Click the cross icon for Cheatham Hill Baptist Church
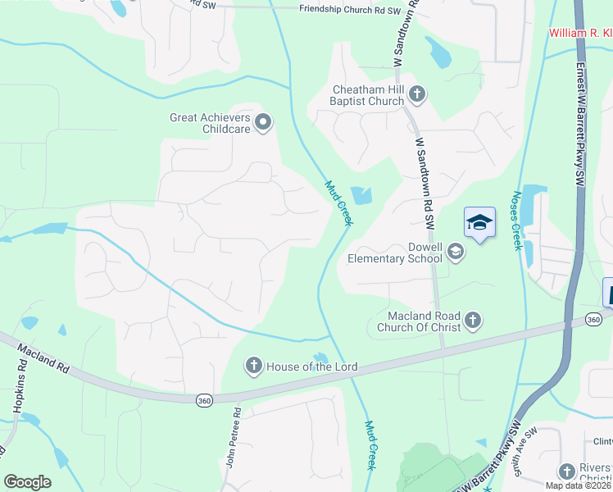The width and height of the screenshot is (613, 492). pos(416,94)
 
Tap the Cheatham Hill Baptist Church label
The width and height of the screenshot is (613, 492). pos(368,95)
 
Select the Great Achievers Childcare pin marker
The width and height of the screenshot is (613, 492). pos(263,123)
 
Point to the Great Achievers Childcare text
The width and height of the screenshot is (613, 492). pos(209,123)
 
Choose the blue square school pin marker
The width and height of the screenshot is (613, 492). pos(480,222)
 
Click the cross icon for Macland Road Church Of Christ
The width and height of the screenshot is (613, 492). pos(472,321)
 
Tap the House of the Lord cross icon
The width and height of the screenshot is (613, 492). pos(254,366)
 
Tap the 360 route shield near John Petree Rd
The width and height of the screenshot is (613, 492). pos(204,399)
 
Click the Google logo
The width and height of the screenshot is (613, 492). pos(28,481)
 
